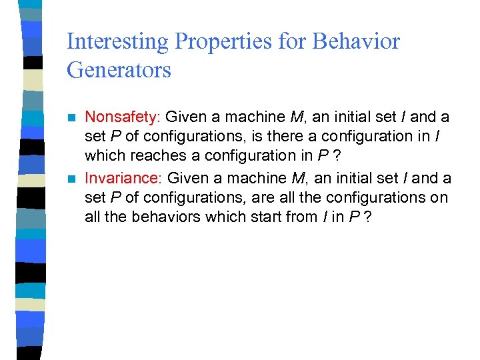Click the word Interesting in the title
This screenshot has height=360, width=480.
pyautogui.click(x=118, y=41)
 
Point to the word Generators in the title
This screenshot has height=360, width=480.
pyautogui.click(x=119, y=69)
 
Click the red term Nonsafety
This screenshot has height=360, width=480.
pyautogui.click(x=122, y=117)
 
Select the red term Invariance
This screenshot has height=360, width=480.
pyautogui.click(x=123, y=179)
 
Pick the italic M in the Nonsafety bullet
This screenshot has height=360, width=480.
pyautogui.click(x=297, y=117)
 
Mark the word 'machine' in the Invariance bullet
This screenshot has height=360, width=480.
pyautogui.click(x=261, y=179)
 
